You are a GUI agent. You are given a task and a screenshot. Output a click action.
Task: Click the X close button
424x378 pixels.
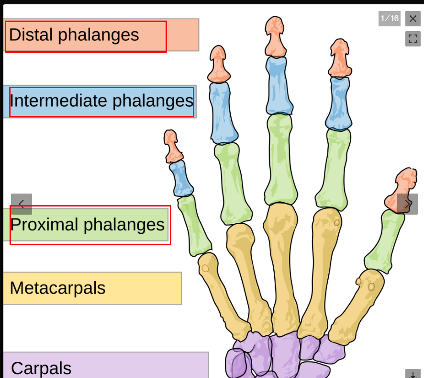(413, 19)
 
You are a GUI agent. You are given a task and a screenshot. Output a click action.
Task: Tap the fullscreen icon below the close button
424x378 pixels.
(413, 39)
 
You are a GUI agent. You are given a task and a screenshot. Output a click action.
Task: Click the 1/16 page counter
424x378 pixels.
(389, 19)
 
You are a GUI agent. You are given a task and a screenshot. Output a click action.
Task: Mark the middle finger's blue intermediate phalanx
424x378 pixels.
(279, 86)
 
